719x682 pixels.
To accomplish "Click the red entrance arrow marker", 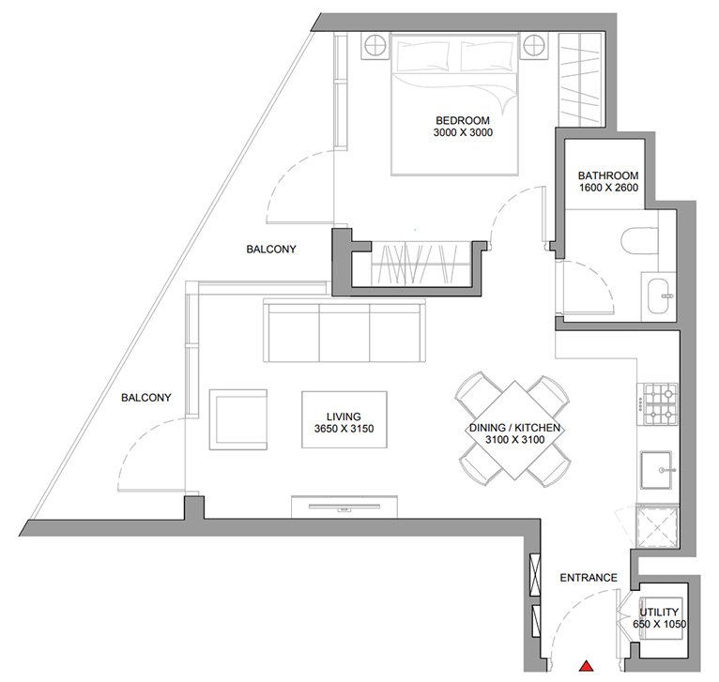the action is [x=586, y=666].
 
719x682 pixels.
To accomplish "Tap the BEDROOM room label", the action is [x=463, y=120].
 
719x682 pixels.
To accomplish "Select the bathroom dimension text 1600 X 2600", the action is [x=608, y=188].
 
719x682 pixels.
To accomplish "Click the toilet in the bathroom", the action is [x=640, y=240].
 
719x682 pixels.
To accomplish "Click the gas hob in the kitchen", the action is [x=658, y=404].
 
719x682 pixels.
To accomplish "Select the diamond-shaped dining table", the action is [x=513, y=430].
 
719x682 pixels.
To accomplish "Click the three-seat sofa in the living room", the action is [x=344, y=330].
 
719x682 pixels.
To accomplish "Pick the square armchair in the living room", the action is [x=238, y=419].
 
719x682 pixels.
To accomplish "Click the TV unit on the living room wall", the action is [x=344, y=507].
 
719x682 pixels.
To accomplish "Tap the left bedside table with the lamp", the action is [x=375, y=46].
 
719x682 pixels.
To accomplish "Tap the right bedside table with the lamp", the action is [x=534, y=46].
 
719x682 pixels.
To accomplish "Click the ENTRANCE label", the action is [x=589, y=578].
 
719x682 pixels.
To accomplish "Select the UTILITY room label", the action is [x=659, y=612].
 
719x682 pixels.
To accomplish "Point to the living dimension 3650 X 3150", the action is [x=344, y=429].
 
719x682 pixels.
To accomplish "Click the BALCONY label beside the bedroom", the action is [x=271, y=249].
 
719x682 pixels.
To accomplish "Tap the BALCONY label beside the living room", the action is [x=145, y=398].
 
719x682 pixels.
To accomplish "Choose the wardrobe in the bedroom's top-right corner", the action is [x=580, y=80].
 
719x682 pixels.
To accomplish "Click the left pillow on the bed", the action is [x=422, y=56].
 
